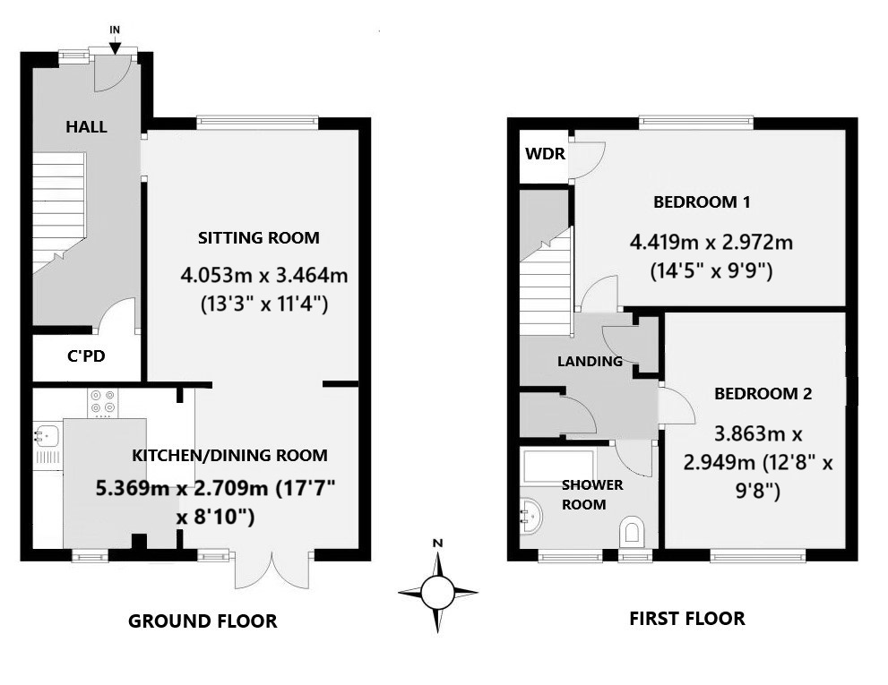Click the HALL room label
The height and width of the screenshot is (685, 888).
coord(86,127)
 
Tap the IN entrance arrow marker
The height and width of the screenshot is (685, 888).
coord(115,36)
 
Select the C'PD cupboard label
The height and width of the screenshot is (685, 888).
coord(86,356)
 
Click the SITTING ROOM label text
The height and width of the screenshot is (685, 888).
coord(258,238)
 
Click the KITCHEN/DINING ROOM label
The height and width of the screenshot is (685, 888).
coord(229,456)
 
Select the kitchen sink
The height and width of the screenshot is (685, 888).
coord(45,436)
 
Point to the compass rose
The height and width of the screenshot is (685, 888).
coord(437,591)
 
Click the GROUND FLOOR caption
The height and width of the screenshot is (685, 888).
coord(203,621)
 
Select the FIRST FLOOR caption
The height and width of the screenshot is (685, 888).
coord(686,619)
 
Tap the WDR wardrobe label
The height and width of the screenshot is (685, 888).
coord(545,154)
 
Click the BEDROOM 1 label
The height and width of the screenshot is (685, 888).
coord(702,202)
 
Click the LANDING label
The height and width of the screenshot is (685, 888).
coord(590,362)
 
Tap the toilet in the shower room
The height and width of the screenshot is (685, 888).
coord(633,532)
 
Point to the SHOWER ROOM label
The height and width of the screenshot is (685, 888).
coord(591,494)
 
